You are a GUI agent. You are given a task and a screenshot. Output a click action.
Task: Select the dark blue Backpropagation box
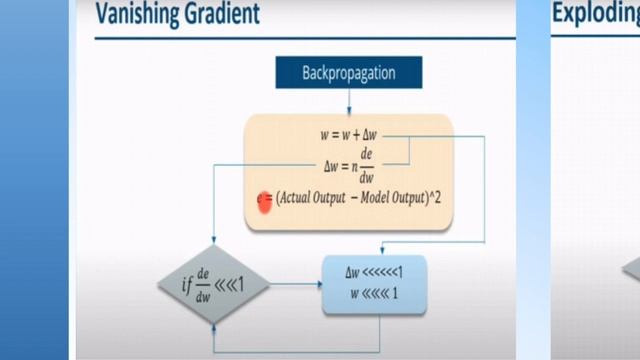(348, 72)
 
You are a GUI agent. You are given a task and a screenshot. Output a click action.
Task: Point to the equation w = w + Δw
(350, 134)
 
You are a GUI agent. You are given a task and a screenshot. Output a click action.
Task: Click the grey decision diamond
(215, 284)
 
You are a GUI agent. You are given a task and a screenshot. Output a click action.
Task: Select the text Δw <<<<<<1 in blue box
(373, 272)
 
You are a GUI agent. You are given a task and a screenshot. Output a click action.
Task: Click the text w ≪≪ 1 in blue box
(373, 294)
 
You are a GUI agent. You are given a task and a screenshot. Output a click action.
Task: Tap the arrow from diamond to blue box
(296, 285)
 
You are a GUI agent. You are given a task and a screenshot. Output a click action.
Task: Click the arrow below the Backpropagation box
(348, 100)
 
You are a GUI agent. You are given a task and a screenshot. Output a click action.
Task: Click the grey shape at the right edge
(632, 268)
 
